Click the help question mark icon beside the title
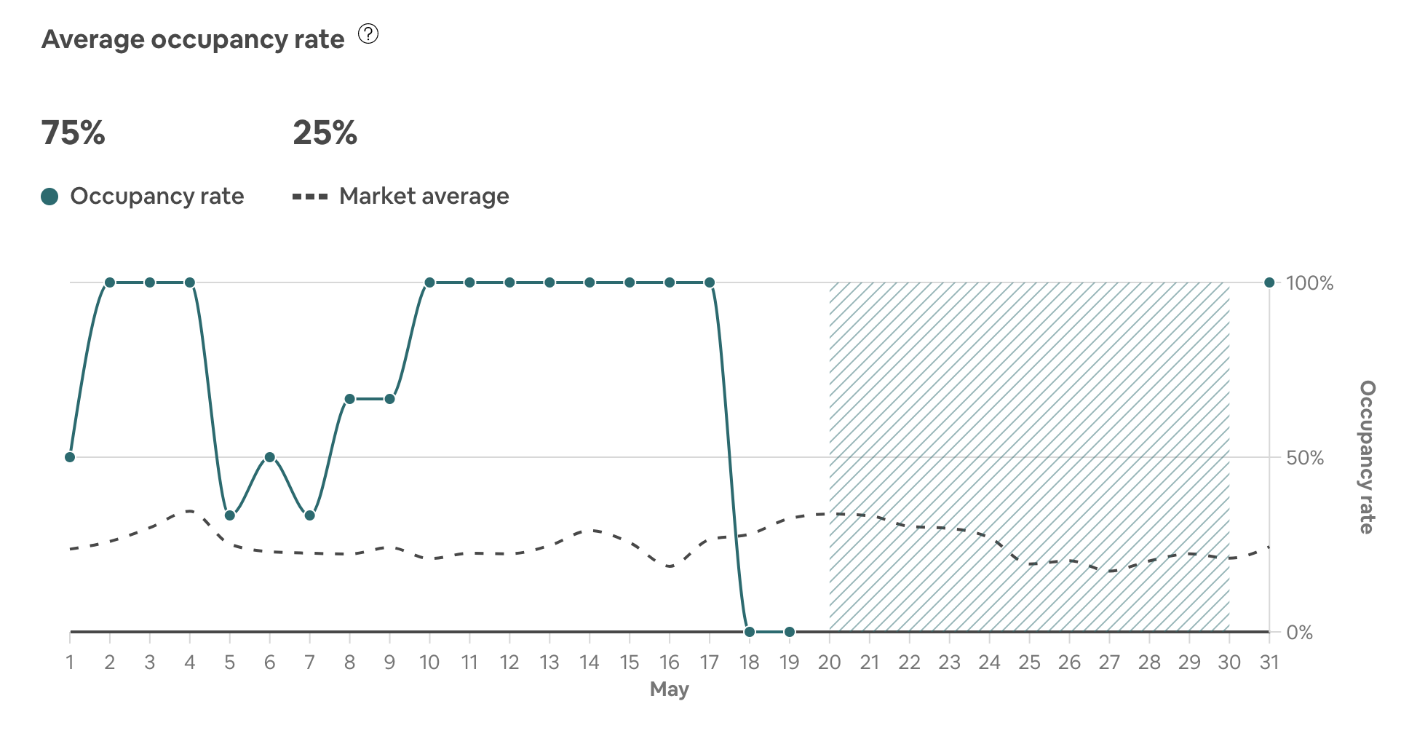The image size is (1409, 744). (x=368, y=34)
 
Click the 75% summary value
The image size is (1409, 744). (x=74, y=133)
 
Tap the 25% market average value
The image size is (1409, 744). (x=325, y=133)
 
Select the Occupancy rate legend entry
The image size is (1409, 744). (x=143, y=196)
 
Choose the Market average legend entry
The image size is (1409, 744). (x=401, y=196)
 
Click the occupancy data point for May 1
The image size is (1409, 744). (x=70, y=457)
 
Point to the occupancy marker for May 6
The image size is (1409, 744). (x=270, y=457)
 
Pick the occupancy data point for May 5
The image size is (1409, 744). (x=230, y=515)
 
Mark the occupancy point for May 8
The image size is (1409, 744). (x=350, y=399)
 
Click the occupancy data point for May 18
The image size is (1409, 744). (x=750, y=632)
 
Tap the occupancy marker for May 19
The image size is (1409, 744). (x=790, y=632)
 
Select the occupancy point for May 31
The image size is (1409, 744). (x=1269, y=282)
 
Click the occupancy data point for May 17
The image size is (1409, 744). (x=710, y=282)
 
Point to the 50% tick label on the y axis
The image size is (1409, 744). (x=1305, y=458)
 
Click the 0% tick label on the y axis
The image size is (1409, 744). (x=1300, y=633)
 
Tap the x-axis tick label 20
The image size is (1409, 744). (x=830, y=662)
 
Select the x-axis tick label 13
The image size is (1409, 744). (x=549, y=662)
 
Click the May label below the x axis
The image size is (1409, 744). (x=670, y=689)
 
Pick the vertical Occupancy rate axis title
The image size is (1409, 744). (x=1368, y=457)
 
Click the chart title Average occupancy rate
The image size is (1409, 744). (x=193, y=39)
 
